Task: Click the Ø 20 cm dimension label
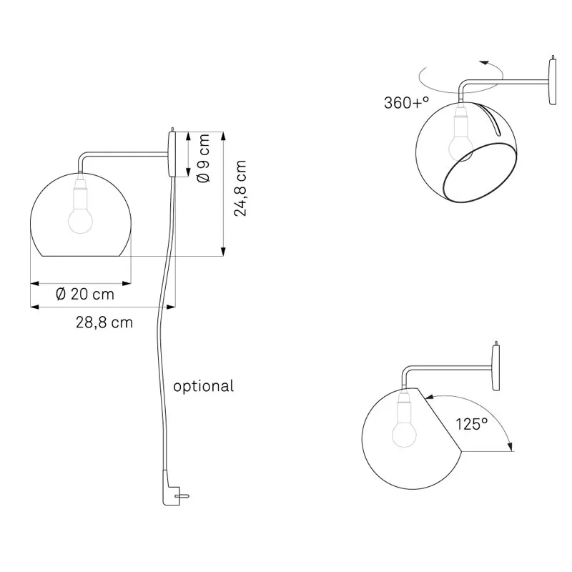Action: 84,294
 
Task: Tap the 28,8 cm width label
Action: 104,322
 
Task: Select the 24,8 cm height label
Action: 242,188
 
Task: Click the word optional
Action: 204,387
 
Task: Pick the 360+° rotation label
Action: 407,102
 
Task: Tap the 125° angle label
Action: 472,423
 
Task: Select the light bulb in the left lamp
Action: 79,219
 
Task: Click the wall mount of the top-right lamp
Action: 552,82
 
